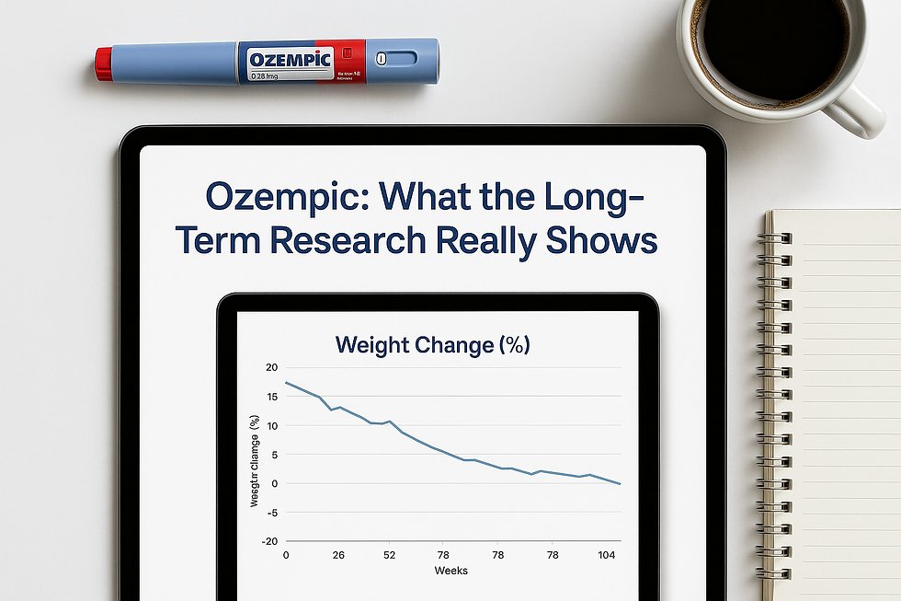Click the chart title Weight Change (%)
pos(432,345)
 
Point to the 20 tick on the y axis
pos(270,368)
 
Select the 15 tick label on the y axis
pos(270,397)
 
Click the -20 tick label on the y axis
pos(268,541)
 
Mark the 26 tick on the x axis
pos(338,556)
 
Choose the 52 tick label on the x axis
pos(389,556)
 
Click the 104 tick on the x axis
pos(607,556)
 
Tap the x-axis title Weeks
pos(450,571)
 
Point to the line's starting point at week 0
pos(286,382)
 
